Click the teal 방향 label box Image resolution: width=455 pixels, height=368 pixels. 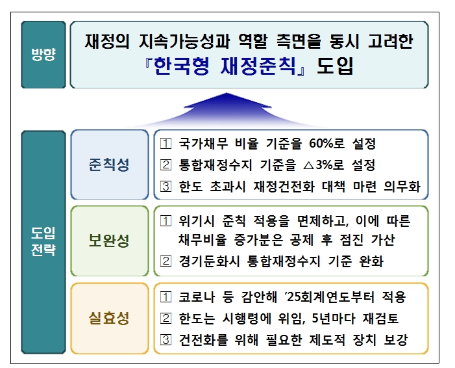pyautogui.click(x=43, y=55)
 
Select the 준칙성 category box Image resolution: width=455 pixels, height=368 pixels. pyautogui.click(x=109, y=165)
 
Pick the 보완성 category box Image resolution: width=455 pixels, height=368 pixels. pyautogui.click(x=109, y=241)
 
